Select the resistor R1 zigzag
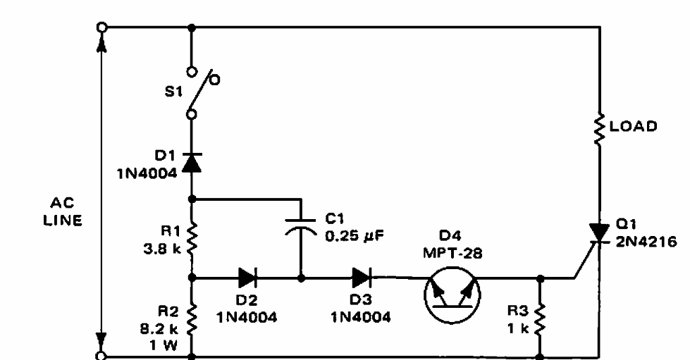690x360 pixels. (192, 237)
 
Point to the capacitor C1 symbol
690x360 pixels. (302, 226)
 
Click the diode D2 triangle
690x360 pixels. (247, 278)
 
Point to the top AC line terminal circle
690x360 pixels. (103, 27)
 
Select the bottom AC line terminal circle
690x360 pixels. (103, 356)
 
